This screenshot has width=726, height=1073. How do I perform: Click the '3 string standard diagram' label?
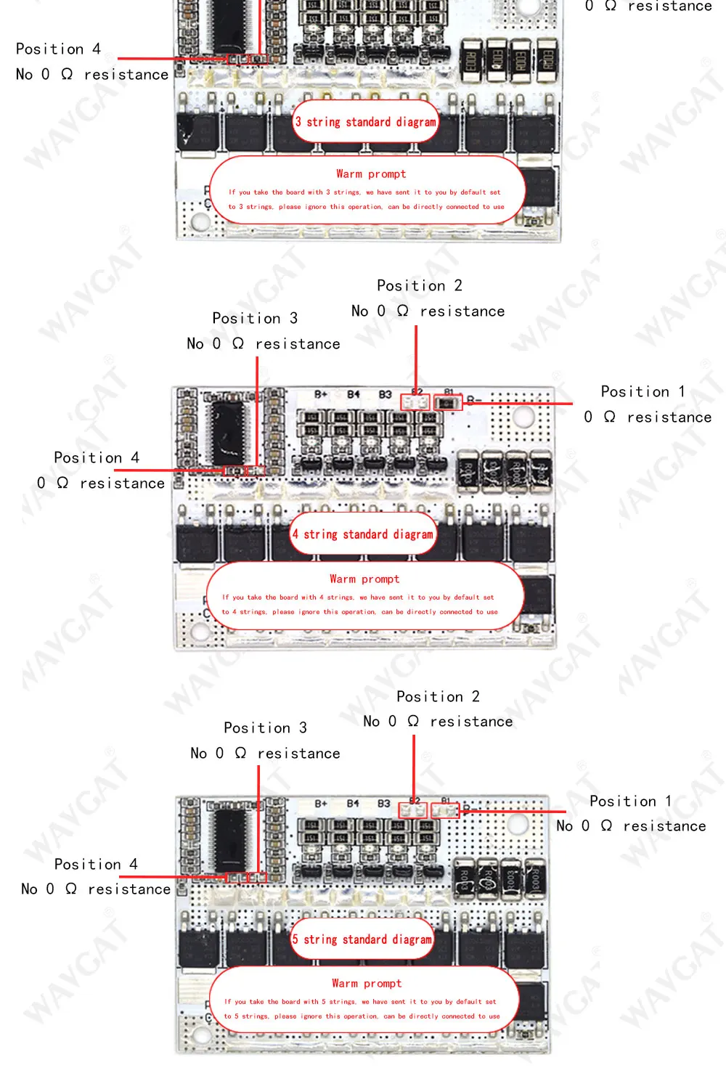pos(366,122)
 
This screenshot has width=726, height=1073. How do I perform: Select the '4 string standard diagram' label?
pos(363,534)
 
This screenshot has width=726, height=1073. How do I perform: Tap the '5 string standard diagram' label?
pos(362,939)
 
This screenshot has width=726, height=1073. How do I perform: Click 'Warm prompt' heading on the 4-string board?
pos(364,579)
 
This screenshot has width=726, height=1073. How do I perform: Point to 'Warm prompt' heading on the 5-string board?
pos(367,983)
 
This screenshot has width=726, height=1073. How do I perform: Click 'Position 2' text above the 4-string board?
pos(419,285)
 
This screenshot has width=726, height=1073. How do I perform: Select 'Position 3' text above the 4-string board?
pos(255,318)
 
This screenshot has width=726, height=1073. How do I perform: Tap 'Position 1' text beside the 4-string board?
pos(643,391)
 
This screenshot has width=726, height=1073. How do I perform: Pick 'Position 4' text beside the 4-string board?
pos(97,457)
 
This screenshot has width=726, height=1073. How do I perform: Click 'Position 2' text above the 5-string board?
pos(438,696)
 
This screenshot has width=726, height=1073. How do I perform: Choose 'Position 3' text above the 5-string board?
pos(265,727)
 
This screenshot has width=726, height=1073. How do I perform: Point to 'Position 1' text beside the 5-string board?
pos(630,801)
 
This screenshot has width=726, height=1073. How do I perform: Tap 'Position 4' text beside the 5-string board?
pos(96,864)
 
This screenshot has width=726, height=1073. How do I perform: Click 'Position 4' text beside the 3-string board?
pos(58,49)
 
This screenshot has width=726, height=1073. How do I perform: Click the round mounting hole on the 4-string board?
pos(523,416)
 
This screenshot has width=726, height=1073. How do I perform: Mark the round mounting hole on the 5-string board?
pos(518,824)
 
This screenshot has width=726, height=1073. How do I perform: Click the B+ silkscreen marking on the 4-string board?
pos(321,394)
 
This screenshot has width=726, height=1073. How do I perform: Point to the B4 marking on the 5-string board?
pos(353,804)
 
